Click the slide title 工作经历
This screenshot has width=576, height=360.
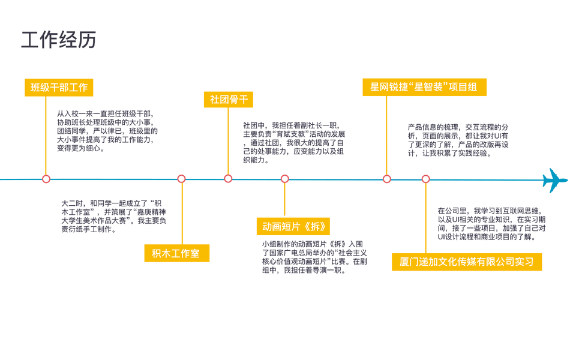coord(59,40)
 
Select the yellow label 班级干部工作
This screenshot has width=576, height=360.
coord(59,87)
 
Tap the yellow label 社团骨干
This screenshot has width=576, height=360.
coord(228,100)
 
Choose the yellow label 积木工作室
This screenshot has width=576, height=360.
coord(176,253)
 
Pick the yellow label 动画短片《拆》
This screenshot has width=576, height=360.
coord(293,226)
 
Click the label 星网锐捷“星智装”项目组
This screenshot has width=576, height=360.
coord(424,87)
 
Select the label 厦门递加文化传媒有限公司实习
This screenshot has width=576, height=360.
coord(466,262)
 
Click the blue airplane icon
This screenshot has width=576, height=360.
coord(554,180)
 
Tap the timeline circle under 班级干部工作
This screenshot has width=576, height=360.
coord(46,179)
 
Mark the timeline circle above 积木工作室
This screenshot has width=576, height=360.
coord(182,179)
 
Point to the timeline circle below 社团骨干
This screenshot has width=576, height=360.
coord(228,179)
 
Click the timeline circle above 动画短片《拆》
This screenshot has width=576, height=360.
coord(285,179)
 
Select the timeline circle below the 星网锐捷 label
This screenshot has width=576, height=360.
coord(387,179)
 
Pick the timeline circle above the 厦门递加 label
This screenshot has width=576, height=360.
coord(426,179)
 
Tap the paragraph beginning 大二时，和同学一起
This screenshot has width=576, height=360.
coord(111,217)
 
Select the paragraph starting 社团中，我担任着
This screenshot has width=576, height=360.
coord(293,143)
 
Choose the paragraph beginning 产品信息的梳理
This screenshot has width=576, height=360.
coord(457,140)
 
